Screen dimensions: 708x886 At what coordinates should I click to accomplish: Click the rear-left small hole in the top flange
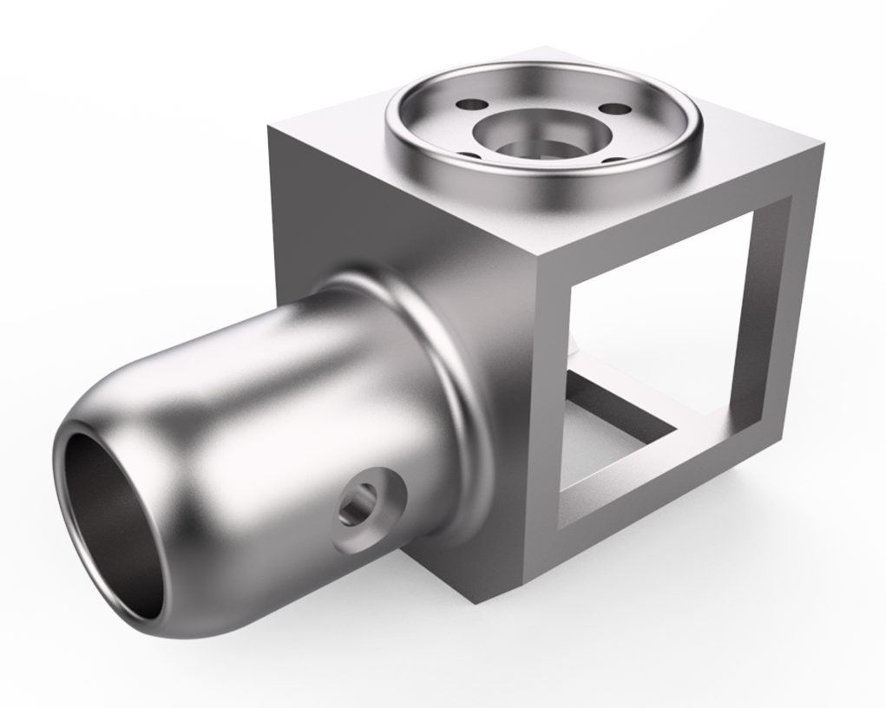click(x=471, y=104)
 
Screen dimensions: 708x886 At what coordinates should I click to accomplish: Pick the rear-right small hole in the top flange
click(x=614, y=109)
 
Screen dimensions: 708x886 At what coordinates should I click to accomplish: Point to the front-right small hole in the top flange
click(x=613, y=159)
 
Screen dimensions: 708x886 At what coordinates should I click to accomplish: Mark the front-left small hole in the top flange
click(x=469, y=155)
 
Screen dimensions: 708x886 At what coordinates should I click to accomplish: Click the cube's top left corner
click(x=270, y=128)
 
